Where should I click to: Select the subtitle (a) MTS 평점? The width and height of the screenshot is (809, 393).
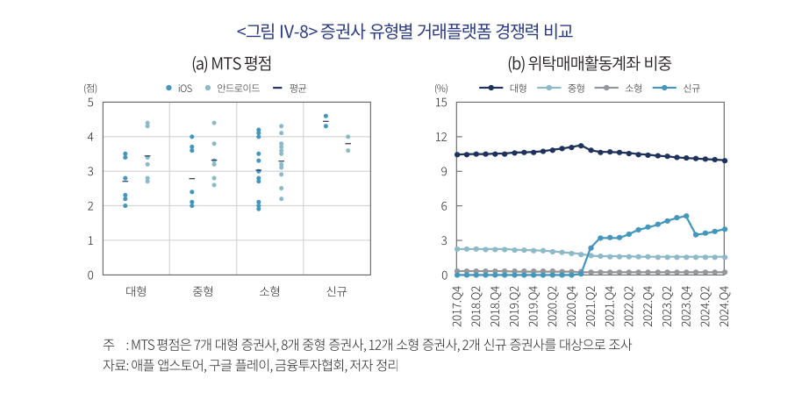pos(232,63)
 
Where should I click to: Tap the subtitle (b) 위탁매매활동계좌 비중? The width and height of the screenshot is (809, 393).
pos(590,63)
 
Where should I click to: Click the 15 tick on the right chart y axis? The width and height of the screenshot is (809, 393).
pos(441,103)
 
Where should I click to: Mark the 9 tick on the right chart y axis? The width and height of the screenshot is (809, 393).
pos(444,172)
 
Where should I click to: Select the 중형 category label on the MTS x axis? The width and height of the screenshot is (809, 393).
pos(203,291)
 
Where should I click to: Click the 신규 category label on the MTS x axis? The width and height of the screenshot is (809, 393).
pos(336,291)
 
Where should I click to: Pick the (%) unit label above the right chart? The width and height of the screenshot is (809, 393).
pos(441,88)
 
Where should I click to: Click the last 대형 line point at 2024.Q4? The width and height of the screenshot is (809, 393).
pos(725,161)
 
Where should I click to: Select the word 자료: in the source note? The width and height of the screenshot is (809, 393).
pos(116,364)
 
